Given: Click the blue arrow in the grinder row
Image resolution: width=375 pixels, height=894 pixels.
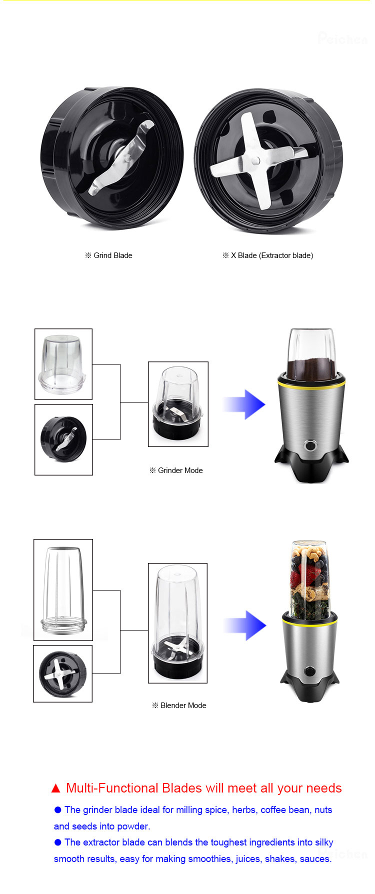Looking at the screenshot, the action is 244,404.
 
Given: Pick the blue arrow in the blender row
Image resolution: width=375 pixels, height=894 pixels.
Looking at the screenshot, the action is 245,625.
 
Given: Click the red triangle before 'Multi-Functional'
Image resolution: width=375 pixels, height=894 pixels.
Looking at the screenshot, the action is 55,788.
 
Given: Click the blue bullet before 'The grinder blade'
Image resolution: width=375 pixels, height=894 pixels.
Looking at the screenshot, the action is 57,810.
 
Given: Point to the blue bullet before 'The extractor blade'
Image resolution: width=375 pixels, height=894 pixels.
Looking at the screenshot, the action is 57,842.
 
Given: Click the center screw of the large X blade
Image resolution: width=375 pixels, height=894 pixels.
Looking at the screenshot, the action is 255,161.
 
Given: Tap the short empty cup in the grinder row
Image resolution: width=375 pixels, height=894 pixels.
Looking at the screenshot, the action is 63,364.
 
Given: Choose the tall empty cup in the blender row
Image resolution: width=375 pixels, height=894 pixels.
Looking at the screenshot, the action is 63,590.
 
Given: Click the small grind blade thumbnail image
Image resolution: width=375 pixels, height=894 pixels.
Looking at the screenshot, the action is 63,439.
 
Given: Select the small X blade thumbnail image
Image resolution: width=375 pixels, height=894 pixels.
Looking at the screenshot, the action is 62,673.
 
